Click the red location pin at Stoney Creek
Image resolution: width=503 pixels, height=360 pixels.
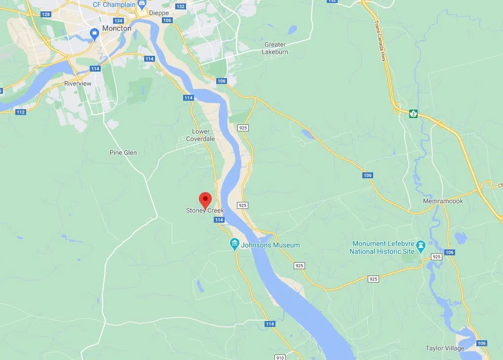pyautogui.click(x=205, y=199)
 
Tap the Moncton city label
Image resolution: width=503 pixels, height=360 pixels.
pyautogui.click(x=116, y=28)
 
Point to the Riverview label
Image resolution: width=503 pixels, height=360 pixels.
pyautogui.click(x=78, y=83)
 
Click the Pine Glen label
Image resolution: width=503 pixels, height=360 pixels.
pyautogui.click(x=123, y=153)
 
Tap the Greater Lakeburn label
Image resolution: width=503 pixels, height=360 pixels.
pyautogui.click(x=275, y=48)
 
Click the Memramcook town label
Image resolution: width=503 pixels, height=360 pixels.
pyautogui.click(x=443, y=201)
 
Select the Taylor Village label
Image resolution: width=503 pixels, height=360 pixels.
pyautogui.click(x=445, y=348)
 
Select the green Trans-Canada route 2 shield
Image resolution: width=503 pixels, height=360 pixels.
pyautogui.click(x=413, y=114)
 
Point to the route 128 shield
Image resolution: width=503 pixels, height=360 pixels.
pyautogui.click(x=46, y=14)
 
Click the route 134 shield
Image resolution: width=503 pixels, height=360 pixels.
pyautogui.click(x=118, y=21)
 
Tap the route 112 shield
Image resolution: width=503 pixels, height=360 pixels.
pyautogui.click(x=21, y=112)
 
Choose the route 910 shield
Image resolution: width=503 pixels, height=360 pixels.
pyautogui.click(x=279, y=357)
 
